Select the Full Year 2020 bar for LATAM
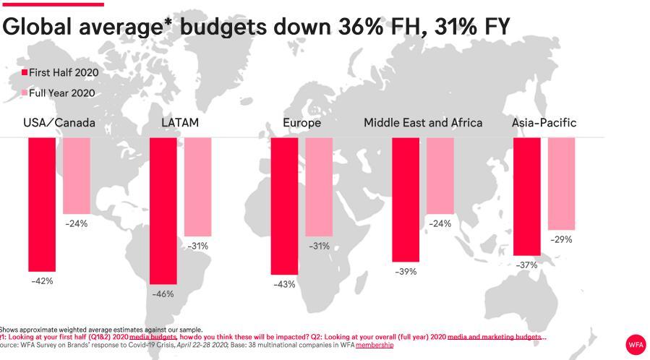(x=197, y=187)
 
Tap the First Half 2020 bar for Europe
(x=284, y=206)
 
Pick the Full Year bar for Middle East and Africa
(x=440, y=176)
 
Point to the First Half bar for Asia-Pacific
(x=526, y=196)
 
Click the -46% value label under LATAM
(x=163, y=294)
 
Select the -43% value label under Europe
(x=284, y=285)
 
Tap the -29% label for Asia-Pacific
(x=561, y=239)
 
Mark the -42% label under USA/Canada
(x=42, y=280)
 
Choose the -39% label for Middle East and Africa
(x=406, y=271)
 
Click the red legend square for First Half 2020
(x=25, y=73)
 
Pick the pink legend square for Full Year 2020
(x=25, y=93)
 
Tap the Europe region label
(x=302, y=123)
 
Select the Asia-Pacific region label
(x=544, y=123)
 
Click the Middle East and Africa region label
(x=423, y=123)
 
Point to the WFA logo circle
(x=635, y=345)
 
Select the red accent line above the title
(x=52, y=4)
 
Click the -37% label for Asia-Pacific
(x=526, y=265)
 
